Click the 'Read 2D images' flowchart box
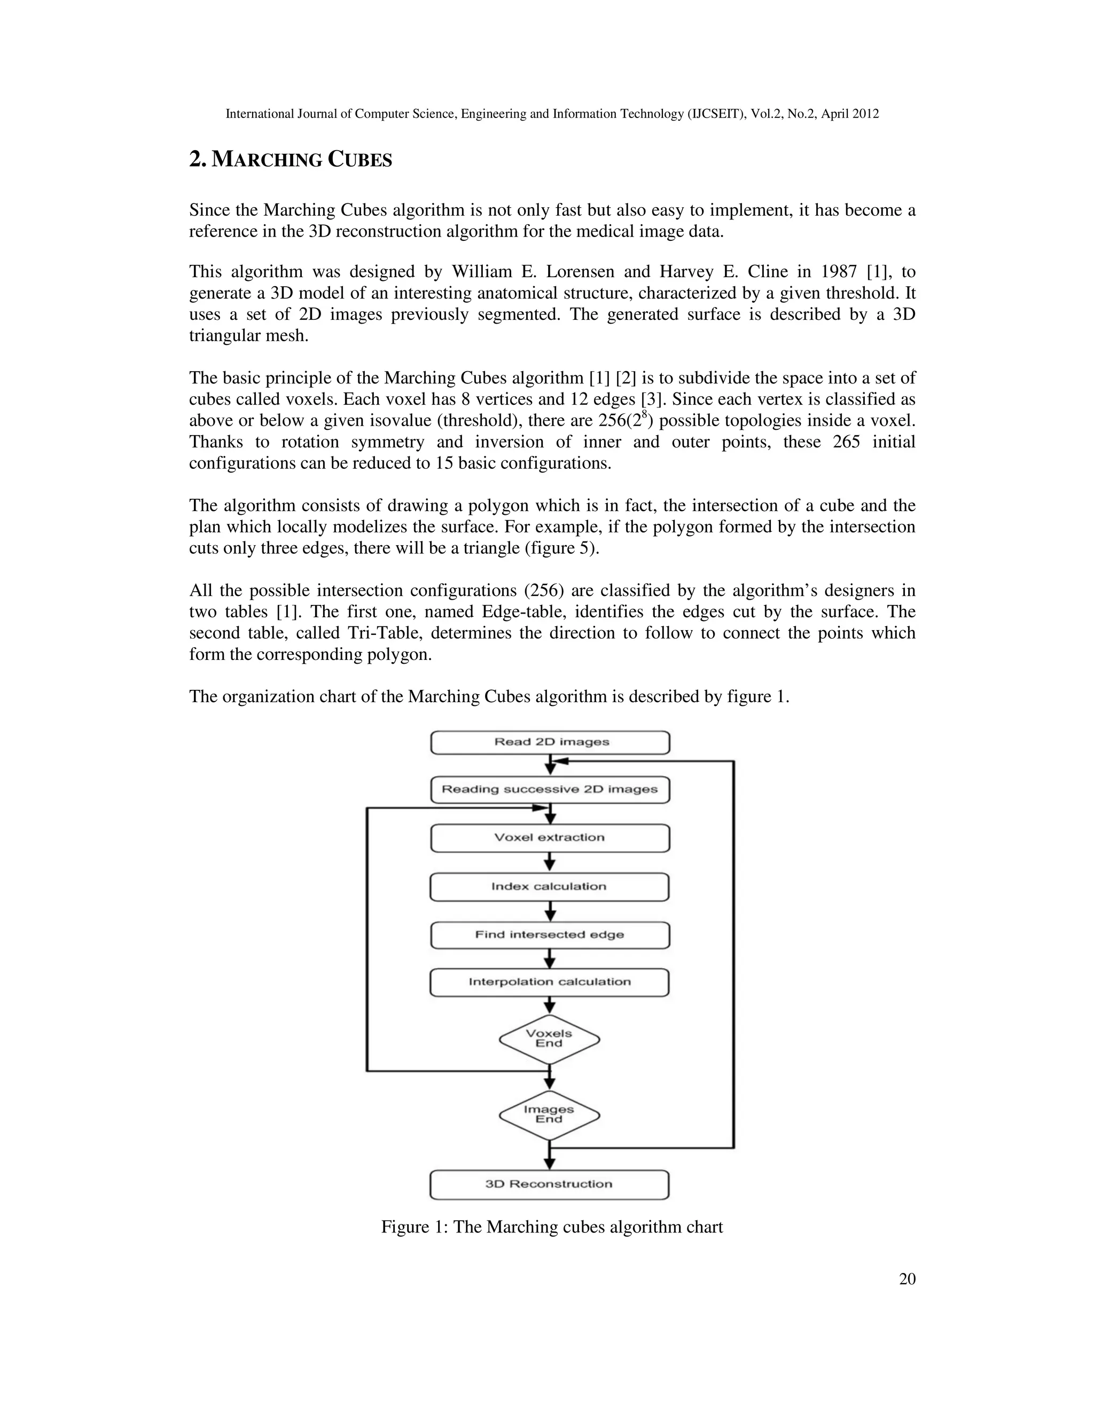(550, 743)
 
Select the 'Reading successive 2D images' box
(550, 790)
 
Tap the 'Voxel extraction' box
(550, 838)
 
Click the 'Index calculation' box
(550, 887)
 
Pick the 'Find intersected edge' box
(550, 935)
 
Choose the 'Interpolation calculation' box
(550, 982)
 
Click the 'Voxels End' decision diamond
(549, 1039)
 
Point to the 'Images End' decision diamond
(549, 1114)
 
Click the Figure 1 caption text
(551, 1227)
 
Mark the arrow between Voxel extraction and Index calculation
(550, 863)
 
